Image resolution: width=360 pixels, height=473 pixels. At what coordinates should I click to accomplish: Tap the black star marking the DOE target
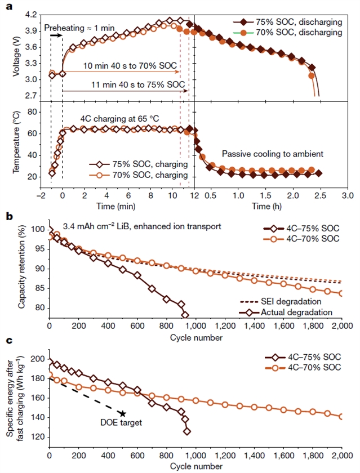pos(123,414)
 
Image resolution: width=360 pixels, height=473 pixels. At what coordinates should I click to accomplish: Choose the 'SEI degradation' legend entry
pos(287,301)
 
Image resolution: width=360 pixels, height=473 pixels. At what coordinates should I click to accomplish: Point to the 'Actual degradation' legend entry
pos(287,311)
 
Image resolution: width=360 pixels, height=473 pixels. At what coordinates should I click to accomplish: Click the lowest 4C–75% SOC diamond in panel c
pos(187,432)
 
